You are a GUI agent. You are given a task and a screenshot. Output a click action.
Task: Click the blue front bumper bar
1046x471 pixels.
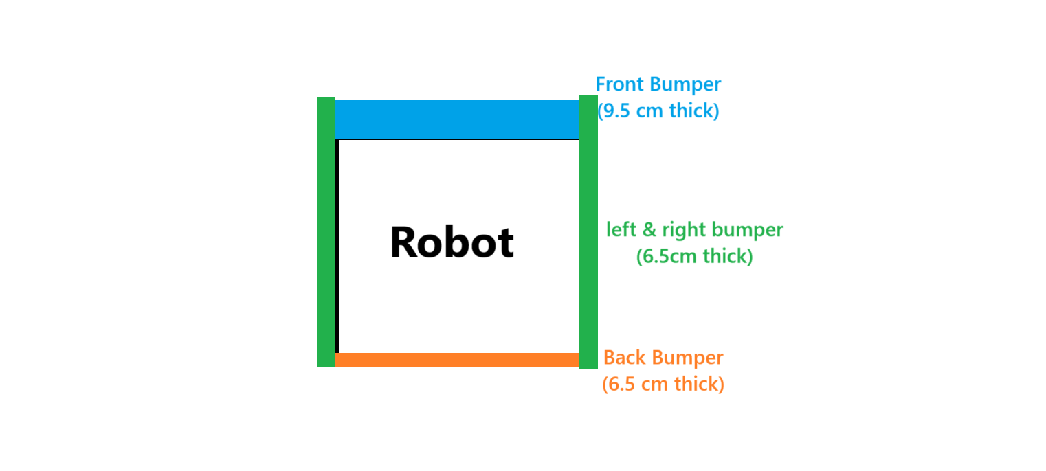457,119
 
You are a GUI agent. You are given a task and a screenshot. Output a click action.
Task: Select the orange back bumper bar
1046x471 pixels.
457,360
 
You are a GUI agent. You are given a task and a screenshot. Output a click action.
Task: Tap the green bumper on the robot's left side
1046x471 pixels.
326,232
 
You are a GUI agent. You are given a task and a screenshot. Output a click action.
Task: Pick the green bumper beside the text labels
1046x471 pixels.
588,232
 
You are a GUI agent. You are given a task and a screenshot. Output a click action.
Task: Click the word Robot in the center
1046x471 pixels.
452,242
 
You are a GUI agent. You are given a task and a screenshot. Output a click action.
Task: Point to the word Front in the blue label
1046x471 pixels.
620,84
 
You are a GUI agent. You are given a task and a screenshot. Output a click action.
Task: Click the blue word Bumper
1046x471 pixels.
685,84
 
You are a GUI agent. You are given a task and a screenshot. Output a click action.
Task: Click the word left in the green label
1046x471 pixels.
621,229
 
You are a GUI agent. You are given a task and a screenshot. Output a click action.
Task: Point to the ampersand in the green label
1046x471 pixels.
649,229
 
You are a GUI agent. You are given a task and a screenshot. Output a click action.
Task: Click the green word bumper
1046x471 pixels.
748,230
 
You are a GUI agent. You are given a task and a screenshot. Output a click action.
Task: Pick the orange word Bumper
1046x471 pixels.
687,358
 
